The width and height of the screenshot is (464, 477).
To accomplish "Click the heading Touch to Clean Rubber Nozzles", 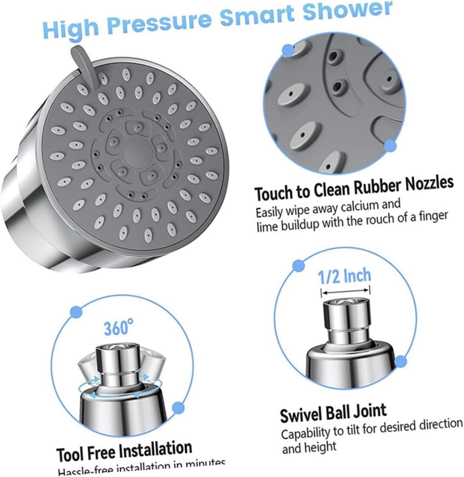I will (354, 188).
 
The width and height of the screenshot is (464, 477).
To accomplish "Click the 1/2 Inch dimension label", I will (345, 276).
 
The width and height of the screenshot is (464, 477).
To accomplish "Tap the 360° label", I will (119, 328).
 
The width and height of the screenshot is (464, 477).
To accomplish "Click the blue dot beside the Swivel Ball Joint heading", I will (400, 361).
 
